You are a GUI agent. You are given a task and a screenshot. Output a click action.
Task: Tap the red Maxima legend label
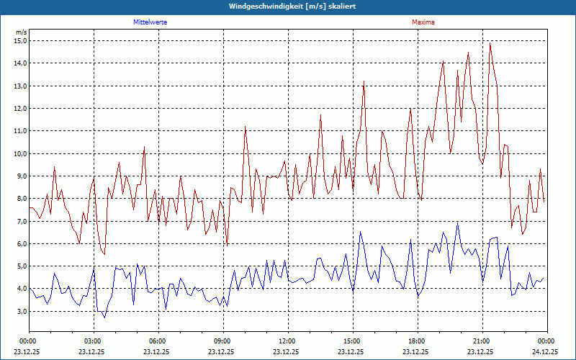423,22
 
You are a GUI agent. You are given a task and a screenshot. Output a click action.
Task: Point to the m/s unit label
21,32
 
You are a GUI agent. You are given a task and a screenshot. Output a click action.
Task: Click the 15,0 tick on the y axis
20,41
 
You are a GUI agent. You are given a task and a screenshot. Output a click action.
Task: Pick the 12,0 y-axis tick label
20,109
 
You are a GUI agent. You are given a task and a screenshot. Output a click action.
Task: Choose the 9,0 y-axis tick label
20,176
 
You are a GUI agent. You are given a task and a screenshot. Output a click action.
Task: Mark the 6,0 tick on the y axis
20,244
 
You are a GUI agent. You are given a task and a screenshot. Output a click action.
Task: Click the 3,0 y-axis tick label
20,312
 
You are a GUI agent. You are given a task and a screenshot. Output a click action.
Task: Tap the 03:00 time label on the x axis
92,341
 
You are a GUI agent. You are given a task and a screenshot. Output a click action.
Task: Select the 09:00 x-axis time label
222,341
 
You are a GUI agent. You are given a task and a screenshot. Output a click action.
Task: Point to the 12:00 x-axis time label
287,341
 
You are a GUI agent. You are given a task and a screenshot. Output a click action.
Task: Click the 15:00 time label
351,341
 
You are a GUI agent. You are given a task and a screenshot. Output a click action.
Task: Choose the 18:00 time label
416,341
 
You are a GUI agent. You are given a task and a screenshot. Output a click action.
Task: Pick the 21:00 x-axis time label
481,341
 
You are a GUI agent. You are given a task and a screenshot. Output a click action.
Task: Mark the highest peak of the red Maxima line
490,42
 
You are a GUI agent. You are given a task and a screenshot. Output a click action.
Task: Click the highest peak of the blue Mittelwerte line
457,223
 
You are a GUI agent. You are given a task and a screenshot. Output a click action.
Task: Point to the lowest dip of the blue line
104,318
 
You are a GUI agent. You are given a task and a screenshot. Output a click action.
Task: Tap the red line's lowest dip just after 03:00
104,254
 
